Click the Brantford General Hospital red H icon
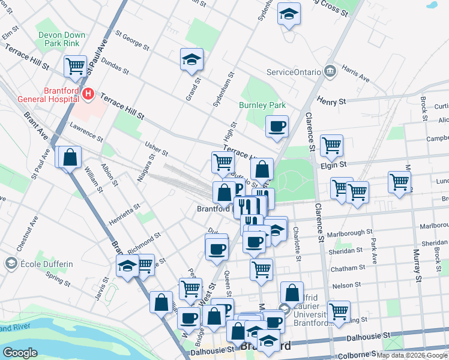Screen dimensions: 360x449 pyautogui.click(x=88, y=94)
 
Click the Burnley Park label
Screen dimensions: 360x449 pyautogui.click(x=262, y=105)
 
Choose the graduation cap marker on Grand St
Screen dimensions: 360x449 pyautogui.click(x=192, y=59)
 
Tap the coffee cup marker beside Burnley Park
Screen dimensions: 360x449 pyautogui.click(x=277, y=127)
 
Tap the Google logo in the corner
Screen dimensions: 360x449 pyautogui.click(x=20, y=352)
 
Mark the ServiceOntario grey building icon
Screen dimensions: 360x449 pyautogui.click(x=330, y=71)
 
